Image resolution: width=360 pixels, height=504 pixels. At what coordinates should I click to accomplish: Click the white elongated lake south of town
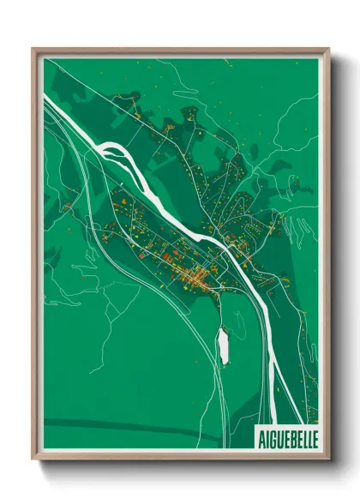point(224,345)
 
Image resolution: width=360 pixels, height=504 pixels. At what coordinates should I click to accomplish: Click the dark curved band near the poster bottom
point(129,425)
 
